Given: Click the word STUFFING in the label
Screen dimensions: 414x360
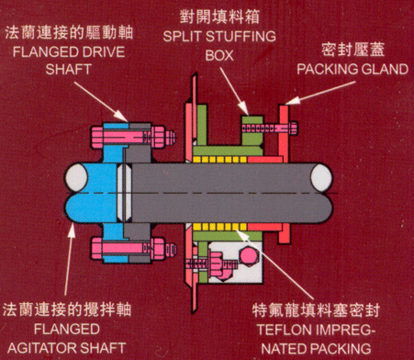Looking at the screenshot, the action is click(x=241, y=37).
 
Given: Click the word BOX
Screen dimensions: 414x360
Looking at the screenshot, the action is click(x=219, y=55).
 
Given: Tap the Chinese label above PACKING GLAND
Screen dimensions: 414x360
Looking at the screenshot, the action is click(x=353, y=50).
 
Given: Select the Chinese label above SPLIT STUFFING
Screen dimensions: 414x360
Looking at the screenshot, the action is click(x=219, y=17).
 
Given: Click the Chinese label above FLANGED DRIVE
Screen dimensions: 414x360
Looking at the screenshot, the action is click(x=69, y=33).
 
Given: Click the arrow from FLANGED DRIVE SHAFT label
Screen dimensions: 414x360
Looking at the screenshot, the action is click(x=101, y=103).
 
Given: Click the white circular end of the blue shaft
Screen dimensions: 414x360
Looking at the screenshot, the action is click(x=76, y=177).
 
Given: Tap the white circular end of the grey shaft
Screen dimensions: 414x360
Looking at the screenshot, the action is click(x=322, y=178).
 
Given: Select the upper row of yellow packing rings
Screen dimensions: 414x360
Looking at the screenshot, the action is click(x=220, y=159).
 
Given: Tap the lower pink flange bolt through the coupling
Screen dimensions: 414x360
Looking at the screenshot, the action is click(x=134, y=248).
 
